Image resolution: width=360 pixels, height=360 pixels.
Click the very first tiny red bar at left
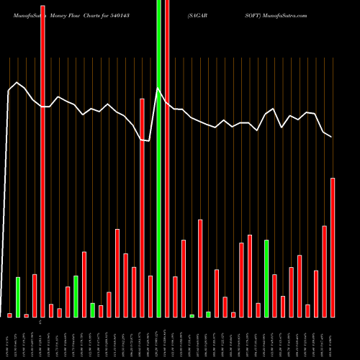tap(9, 315)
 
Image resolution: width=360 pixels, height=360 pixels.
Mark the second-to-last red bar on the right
tap(324, 271)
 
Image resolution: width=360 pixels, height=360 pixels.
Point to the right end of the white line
tap(332, 137)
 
